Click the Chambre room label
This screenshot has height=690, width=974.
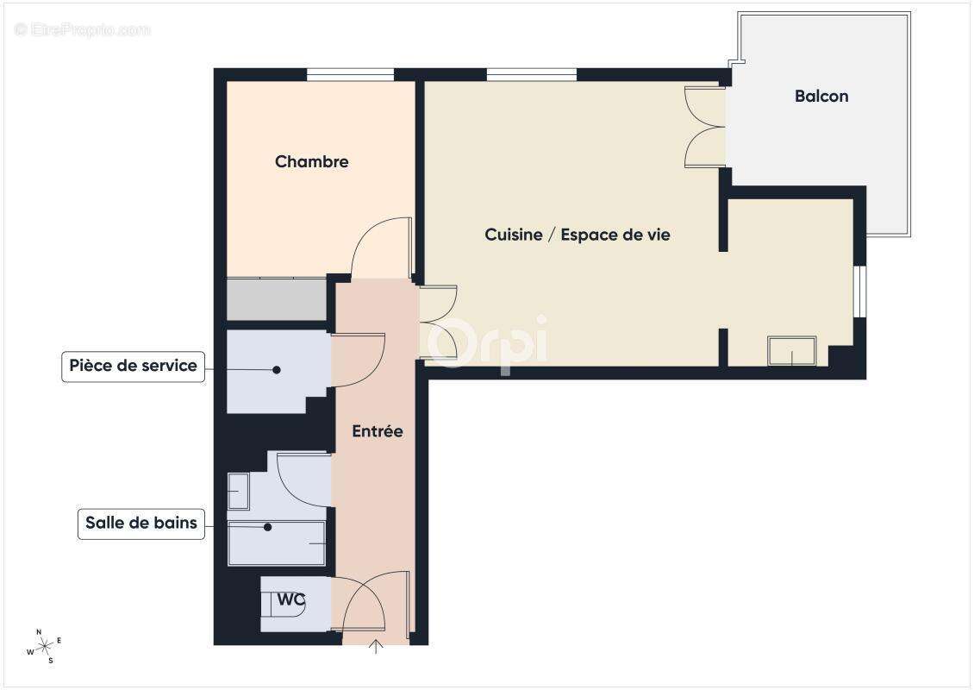click(311, 161)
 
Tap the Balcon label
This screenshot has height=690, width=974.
click(821, 96)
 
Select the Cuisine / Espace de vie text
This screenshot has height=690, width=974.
click(578, 234)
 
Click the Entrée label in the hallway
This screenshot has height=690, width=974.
click(377, 431)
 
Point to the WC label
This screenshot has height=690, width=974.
click(290, 598)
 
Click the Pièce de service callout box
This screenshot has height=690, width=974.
click(133, 366)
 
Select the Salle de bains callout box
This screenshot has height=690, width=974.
click(140, 523)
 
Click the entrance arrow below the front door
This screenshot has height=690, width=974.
click(376, 647)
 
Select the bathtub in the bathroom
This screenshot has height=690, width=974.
click(276, 543)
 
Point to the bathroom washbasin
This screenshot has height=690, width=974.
click(238, 491)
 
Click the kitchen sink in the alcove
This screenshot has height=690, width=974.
click(791, 351)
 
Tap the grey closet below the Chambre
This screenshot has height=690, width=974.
click(276, 298)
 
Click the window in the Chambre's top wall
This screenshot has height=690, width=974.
click(350, 74)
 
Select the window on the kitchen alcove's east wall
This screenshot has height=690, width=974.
click(859, 292)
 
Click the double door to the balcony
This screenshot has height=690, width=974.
click(703, 127)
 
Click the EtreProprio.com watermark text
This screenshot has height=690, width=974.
click(82, 29)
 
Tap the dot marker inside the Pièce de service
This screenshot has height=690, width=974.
click(277, 370)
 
